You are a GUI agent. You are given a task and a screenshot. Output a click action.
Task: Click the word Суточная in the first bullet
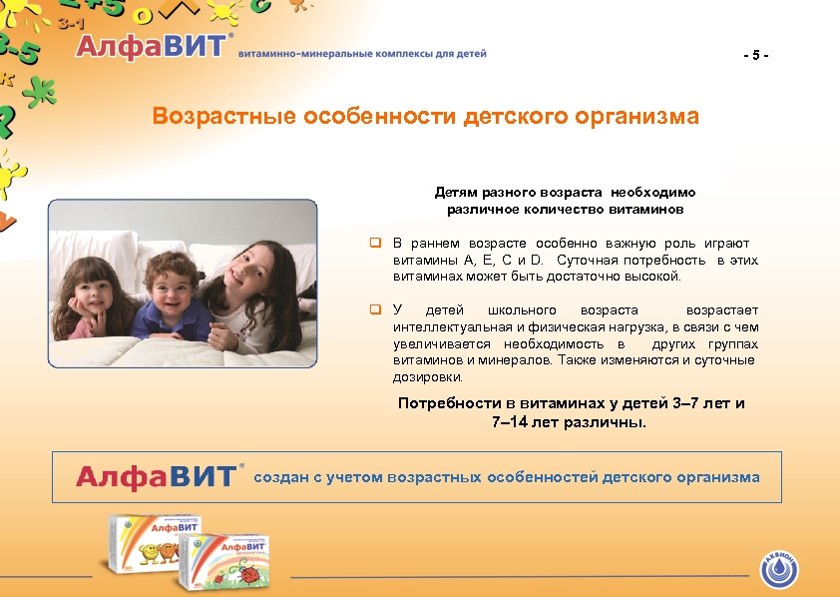pos(583,260)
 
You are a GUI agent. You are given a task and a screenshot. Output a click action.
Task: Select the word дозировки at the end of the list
pos(427,376)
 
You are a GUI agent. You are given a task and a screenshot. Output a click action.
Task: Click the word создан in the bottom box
pos(281,477)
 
